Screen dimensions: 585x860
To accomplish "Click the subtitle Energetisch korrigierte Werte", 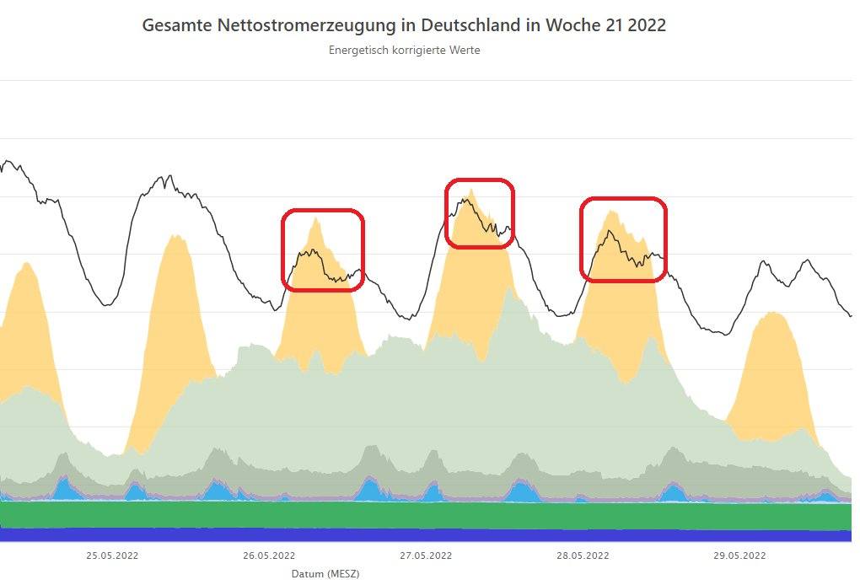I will point(404,50).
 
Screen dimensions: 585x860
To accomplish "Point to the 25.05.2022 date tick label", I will point(112,555).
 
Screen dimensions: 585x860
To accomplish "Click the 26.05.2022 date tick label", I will point(269,555).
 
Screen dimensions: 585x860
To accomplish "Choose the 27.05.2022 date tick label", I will point(426,555).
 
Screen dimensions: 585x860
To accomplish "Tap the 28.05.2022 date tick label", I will point(583,555).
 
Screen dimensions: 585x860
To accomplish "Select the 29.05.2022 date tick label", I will point(739,555).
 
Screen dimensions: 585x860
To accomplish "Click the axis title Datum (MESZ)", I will point(325,574).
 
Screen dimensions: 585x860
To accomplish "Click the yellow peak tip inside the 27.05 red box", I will point(471,190).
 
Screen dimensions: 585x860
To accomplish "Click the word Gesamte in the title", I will point(176,25).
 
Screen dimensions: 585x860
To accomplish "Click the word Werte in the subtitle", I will point(465,50).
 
